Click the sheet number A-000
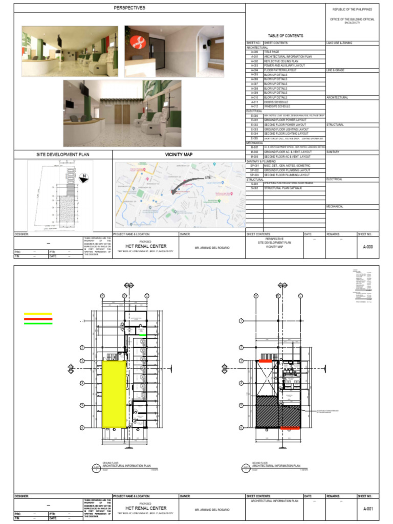point(367,246)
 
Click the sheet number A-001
point(367,509)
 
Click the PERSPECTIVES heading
point(129,8)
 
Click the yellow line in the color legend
point(37,314)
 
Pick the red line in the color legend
point(37,319)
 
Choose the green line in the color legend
point(37,323)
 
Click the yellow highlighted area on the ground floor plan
point(115,394)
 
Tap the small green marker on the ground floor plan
point(144,336)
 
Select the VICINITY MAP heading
point(179,154)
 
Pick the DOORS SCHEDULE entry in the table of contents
point(276,102)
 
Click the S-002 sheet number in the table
point(254,188)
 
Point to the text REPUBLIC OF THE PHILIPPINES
point(353,9)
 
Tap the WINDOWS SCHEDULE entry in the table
point(277,106)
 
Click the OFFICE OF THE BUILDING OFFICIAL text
point(353,19)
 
